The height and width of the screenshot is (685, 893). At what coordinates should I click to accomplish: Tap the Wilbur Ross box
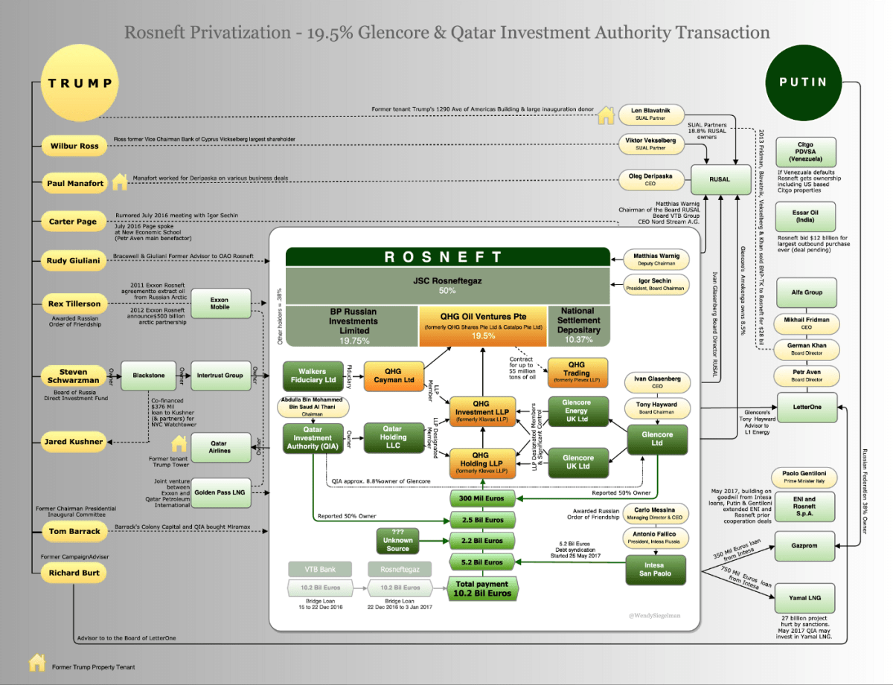click(x=74, y=146)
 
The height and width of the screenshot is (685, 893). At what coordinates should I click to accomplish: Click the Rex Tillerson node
click(x=74, y=303)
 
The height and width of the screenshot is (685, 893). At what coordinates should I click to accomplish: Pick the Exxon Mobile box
click(x=220, y=304)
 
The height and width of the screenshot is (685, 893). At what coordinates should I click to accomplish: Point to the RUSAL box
click(x=720, y=179)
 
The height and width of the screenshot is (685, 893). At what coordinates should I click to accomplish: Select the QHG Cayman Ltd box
click(x=393, y=376)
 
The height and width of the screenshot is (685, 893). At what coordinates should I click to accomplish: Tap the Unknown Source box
click(x=397, y=544)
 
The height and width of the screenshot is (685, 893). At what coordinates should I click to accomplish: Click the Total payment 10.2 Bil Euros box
click(x=482, y=588)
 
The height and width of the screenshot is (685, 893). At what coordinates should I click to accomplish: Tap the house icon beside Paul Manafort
click(x=120, y=181)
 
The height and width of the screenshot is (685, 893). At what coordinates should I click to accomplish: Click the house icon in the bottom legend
click(x=36, y=663)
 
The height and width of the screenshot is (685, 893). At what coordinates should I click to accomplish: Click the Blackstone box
click(x=148, y=376)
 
